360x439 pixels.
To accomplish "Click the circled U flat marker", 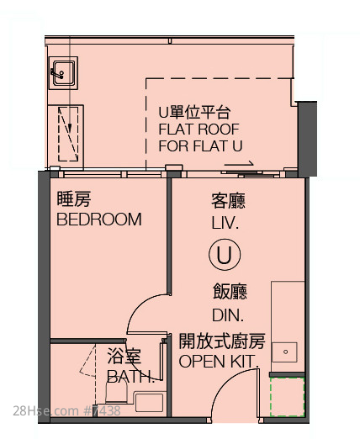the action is click(x=225, y=254).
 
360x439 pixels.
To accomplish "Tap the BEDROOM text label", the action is click(x=99, y=219).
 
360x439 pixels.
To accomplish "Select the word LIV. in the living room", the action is click(x=225, y=223).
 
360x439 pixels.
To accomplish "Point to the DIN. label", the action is click(x=228, y=315).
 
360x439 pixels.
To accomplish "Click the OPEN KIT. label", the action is click(x=219, y=362).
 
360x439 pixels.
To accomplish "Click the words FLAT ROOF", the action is click(x=199, y=130).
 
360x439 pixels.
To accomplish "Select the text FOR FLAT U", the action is click(x=200, y=146).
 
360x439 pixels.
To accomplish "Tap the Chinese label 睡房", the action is click(x=74, y=198).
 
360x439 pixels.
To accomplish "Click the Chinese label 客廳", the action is click(x=229, y=201).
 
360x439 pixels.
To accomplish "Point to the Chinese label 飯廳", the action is click(x=230, y=292).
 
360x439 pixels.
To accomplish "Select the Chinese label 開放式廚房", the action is click(x=222, y=341).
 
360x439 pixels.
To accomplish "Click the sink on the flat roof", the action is click(x=63, y=73).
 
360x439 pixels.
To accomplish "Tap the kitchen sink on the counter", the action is click(x=284, y=352).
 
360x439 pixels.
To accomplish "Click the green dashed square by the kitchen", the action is click(x=287, y=397).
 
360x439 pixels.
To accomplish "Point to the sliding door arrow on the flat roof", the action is click(x=239, y=164).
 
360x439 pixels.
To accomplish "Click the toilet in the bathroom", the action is click(x=116, y=391).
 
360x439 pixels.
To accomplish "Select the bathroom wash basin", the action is click(x=149, y=403).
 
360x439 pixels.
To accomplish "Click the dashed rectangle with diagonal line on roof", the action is click(x=68, y=134).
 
